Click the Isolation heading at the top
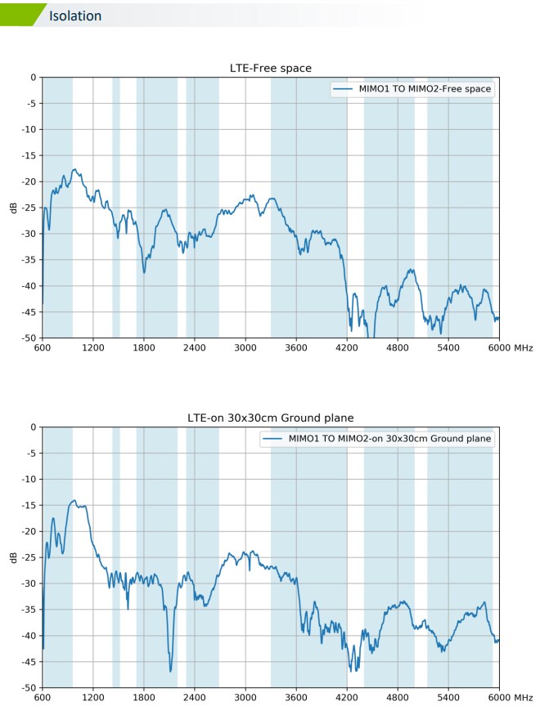point(75,16)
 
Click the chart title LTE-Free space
point(269,68)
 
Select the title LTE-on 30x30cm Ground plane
point(269,418)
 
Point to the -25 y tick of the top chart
point(29,208)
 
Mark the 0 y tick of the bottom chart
point(34,427)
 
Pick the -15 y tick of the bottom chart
point(29,505)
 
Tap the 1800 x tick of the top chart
point(144,347)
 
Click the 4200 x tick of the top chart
point(347,347)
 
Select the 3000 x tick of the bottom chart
point(245,697)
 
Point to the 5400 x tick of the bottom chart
point(448,697)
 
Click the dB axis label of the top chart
point(12,208)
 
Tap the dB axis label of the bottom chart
point(12,557)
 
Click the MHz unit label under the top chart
point(524,347)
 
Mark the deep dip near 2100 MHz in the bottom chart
point(171,670)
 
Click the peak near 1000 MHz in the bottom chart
point(74,500)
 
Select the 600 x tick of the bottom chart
point(43,697)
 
